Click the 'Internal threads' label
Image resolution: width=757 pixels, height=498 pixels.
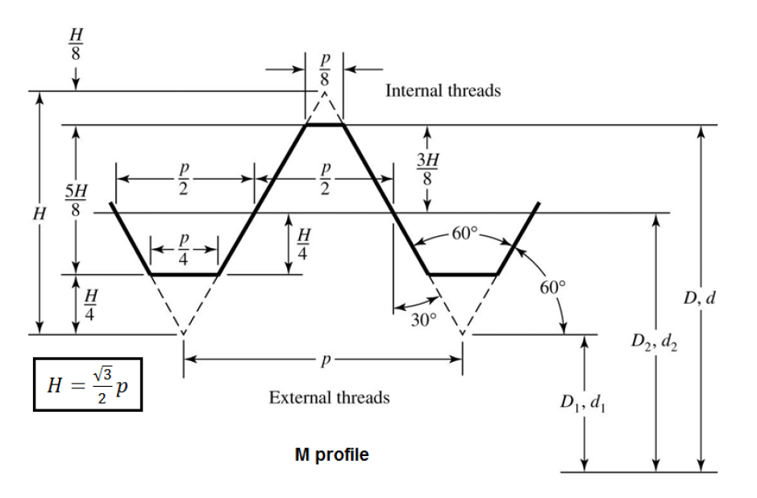click(x=443, y=90)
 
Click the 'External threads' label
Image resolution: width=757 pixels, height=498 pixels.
click(x=329, y=397)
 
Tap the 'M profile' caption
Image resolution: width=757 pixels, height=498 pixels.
click(x=331, y=454)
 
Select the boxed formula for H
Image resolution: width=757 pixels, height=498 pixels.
click(x=88, y=384)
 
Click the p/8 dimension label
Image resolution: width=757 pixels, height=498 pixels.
click(x=325, y=70)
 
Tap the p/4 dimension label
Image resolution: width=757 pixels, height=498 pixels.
click(x=185, y=248)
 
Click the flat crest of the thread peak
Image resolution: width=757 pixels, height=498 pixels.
click(x=325, y=125)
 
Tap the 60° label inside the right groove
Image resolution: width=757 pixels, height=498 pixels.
click(x=465, y=234)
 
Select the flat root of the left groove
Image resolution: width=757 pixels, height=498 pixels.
click(x=185, y=275)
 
